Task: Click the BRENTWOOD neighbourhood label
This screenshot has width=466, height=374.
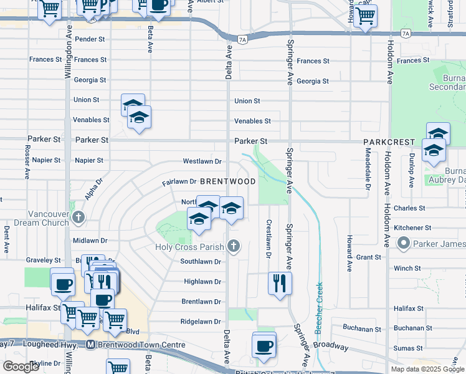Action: point(228,181)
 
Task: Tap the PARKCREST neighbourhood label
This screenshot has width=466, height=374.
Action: point(390,142)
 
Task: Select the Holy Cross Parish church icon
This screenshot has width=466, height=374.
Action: point(234,246)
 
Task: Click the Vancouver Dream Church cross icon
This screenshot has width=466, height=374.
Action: point(78,218)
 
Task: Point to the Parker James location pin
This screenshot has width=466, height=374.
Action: point(404,242)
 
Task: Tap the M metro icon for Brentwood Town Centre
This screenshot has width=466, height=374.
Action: point(91,345)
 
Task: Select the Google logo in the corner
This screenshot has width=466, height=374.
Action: point(21,367)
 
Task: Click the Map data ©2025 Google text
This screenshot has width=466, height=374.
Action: point(427,369)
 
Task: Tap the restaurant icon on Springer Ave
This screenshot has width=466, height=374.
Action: point(280,283)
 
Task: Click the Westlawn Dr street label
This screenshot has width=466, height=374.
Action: point(202,161)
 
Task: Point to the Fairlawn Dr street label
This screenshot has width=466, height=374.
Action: point(179,182)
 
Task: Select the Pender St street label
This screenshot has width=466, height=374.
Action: point(90,39)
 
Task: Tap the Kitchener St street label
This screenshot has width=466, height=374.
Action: point(412,228)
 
